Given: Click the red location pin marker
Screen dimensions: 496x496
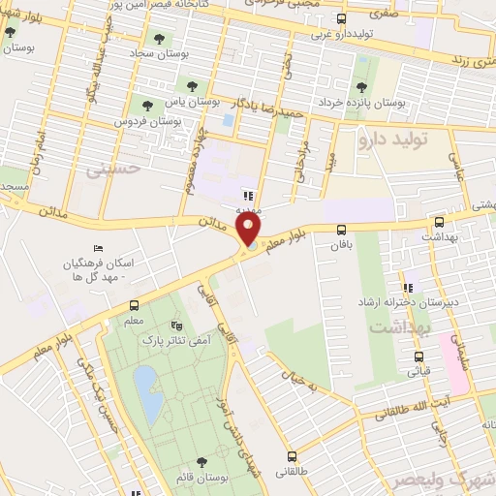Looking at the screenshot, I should [x=250, y=229].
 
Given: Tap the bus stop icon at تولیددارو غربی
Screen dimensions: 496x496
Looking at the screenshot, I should [x=340, y=18].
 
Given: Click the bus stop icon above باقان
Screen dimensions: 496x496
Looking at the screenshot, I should [x=341, y=231].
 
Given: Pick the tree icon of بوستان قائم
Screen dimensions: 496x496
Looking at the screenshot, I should [x=201, y=462].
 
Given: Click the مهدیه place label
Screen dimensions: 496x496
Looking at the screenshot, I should [x=244, y=208].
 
